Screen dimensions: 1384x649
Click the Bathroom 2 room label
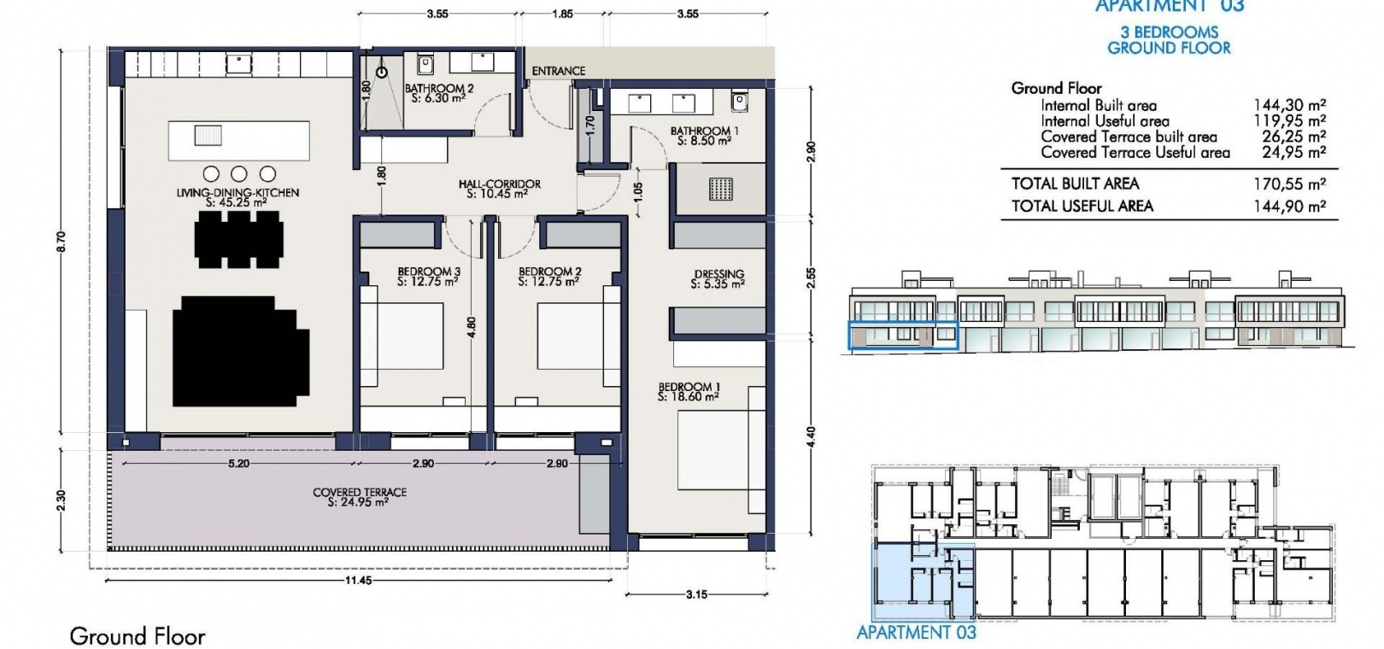[438, 93]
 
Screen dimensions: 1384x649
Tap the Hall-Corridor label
[499, 189]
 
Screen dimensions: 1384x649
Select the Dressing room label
[718, 279]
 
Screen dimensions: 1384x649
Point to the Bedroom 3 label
[429, 277]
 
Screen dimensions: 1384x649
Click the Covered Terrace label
[359, 497]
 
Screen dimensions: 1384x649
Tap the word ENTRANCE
[559, 71]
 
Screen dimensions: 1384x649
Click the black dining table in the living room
[239, 240]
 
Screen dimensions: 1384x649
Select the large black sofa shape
[241, 351]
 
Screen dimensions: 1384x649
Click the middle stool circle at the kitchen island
[239, 173]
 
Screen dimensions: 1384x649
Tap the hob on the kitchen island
[208, 135]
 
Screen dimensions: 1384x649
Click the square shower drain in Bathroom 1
[720, 189]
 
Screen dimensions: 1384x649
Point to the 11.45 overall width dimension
[358, 581]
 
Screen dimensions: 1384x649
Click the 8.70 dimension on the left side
[60, 242]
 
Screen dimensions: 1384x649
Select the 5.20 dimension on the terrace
[238, 463]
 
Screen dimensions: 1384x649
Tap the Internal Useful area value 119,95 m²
[1289, 121]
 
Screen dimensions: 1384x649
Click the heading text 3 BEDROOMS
[1169, 32]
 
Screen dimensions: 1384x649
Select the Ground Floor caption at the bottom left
[138, 636]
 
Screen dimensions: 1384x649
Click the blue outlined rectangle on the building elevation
[903, 336]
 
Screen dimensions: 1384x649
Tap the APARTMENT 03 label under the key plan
[917, 632]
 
